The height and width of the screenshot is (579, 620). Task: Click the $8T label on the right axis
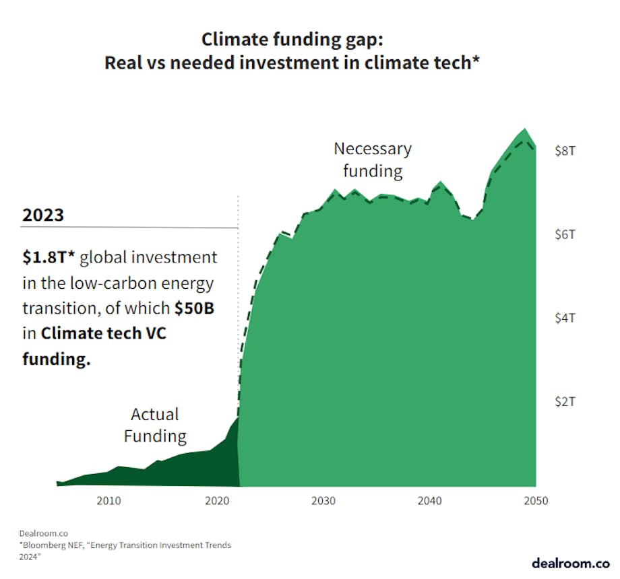pos(565,151)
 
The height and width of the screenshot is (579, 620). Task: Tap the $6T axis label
pos(565,234)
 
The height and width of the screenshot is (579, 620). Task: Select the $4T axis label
pos(565,318)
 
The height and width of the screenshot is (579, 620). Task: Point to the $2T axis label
pos(565,401)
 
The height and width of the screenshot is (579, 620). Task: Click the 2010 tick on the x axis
pos(108,501)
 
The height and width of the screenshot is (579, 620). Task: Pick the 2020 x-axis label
pos(216,501)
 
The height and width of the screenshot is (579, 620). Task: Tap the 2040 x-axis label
pos(429,501)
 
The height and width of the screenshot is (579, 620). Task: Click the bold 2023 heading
pos(43,215)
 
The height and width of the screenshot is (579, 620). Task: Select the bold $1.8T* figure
pos(49,257)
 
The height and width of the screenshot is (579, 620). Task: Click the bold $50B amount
pos(195,308)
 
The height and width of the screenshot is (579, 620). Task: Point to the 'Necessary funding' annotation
pos(372,160)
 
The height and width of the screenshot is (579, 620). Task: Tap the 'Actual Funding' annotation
pos(155,425)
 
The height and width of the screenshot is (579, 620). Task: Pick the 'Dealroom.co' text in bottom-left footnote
pos(39,532)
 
